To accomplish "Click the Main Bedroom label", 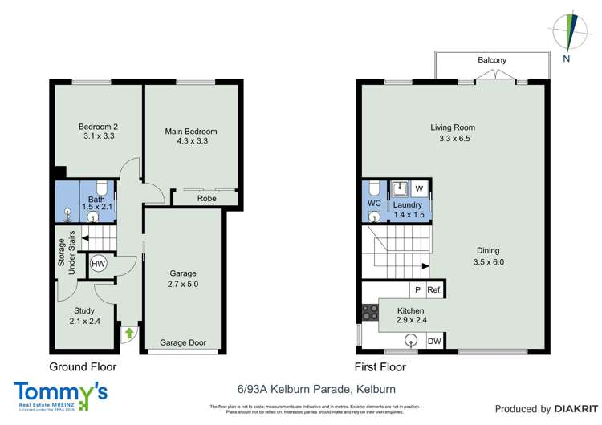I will [x=191, y=132].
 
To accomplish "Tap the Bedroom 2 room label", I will [x=99, y=127].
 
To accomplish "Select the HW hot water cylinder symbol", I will [x=99, y=264].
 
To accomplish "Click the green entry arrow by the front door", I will [x=126, y=330].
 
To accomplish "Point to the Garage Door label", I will [x=183, y=342].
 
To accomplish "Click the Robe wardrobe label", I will [x=207, y=198].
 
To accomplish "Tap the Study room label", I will [x=84, y=310].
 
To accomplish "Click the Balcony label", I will [x=492, y=60].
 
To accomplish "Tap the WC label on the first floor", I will [x=374, y=204].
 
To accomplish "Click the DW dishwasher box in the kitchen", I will [x=434, y=342].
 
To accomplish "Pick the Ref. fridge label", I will [x=435, y=290].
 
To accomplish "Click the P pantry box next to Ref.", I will [x=417, y=290].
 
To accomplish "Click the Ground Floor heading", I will [x=83, y=367].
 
